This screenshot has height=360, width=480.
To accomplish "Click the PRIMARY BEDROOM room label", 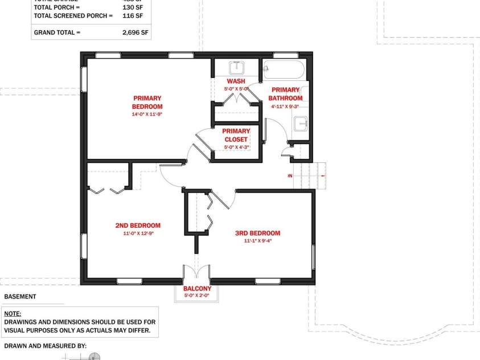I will pos(147,102).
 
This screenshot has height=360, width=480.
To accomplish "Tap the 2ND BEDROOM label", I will pos(138,226).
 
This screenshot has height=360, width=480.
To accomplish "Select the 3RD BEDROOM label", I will pos(257,233).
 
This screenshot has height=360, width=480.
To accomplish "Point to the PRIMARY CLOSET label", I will pos(236,135).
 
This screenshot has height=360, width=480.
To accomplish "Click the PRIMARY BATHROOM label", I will pos(285,94).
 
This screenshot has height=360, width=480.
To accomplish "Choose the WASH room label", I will pos(236,81).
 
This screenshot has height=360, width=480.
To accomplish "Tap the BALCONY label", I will pos(197,289).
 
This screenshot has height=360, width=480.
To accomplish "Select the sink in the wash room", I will pos(236,68).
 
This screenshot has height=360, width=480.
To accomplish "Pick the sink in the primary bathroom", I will pos(301,123).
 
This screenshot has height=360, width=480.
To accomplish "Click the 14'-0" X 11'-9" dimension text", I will pos(147,114).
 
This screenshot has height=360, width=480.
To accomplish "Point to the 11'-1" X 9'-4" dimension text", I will pos(257,241).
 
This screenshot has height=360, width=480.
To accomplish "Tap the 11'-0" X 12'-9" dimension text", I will pos(138,233).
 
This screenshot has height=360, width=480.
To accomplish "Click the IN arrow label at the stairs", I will pos(290,176).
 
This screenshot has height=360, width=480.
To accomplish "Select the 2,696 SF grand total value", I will pos(135,32).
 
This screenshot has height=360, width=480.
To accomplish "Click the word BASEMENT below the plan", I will pos(20,297).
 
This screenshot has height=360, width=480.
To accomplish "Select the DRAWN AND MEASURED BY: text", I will pos(46,346).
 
